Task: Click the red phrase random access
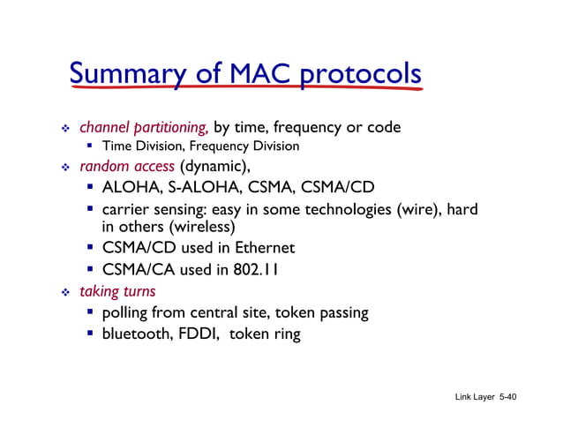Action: (x=127, y=166)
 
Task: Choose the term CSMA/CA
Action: (x=139, y=269)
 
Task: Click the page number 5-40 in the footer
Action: (x=507, y=397)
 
